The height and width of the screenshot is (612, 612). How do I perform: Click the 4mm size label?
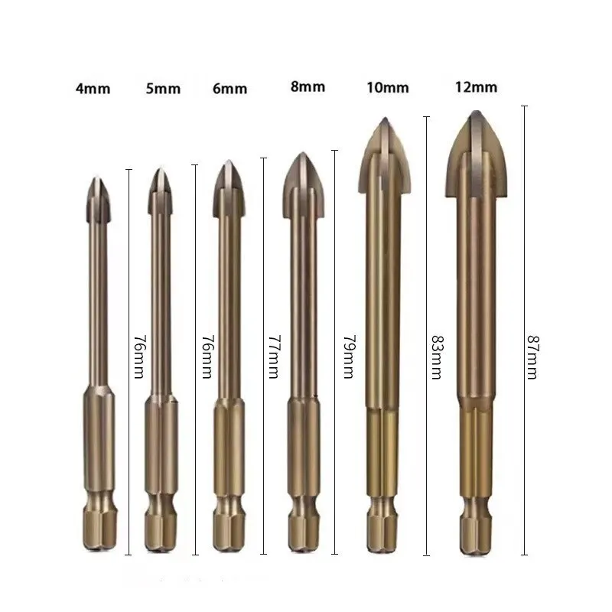pos(93,88)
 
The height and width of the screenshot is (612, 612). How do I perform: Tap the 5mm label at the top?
pos(163,88)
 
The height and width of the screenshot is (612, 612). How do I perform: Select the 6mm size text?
pos(229,88)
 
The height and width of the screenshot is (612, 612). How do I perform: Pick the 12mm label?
pos(475,86)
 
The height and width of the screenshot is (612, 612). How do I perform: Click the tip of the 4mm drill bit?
pos(97,181)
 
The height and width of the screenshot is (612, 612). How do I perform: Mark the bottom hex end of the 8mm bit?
pos(303,535)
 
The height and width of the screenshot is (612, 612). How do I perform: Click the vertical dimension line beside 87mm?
pos(524,229)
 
